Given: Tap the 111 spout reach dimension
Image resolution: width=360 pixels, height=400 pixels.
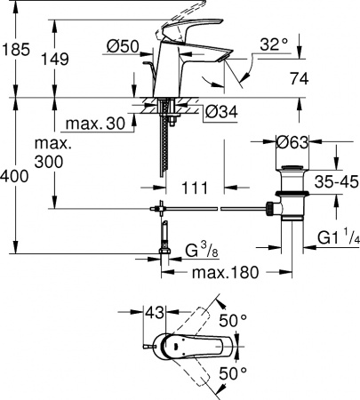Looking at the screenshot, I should pyautogui.click(x=194, y=188).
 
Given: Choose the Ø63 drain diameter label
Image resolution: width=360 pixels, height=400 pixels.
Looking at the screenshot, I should pyautogui.click(x=292, y=141).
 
